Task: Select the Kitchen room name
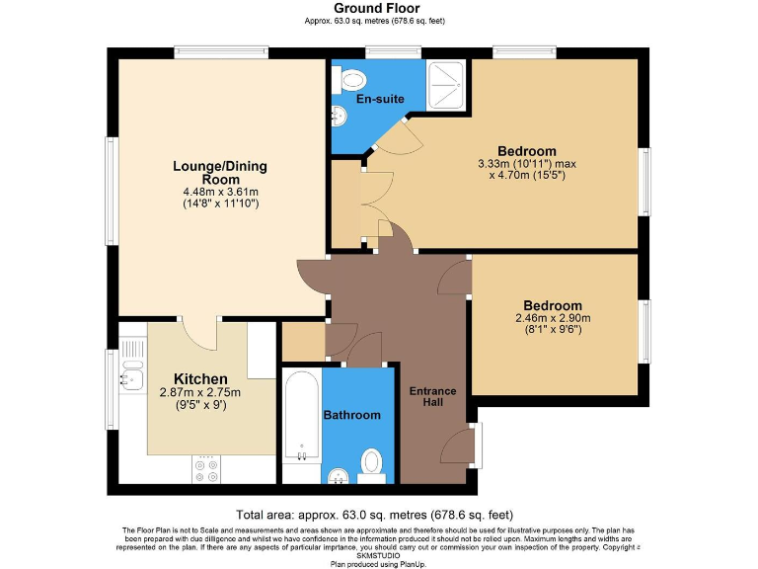pyautogui.click(x=200, y=379)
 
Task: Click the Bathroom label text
pyautogui.click(x=351, y=415)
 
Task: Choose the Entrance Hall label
pyautogui.click(x=432, y=397)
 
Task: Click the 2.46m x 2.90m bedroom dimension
pyautogui.click(x=553, y=318)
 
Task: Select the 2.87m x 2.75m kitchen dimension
pyautogui.click(x=200, y=393)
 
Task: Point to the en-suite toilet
pyautogui.click(x=349, y=79)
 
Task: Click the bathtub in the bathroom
pyautogui.click(x=300, y=416)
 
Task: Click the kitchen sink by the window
pyautogui.click(x=131, y=375)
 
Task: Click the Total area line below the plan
pyautogui.click(x=374, y=514)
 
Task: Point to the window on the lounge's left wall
pyautogui.click(x=113, y=188)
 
